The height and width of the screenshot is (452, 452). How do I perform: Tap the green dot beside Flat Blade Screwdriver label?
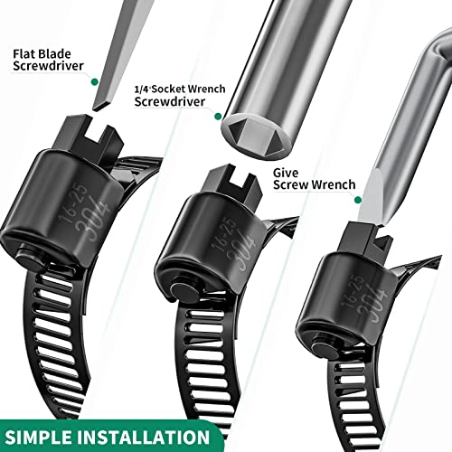93,80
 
